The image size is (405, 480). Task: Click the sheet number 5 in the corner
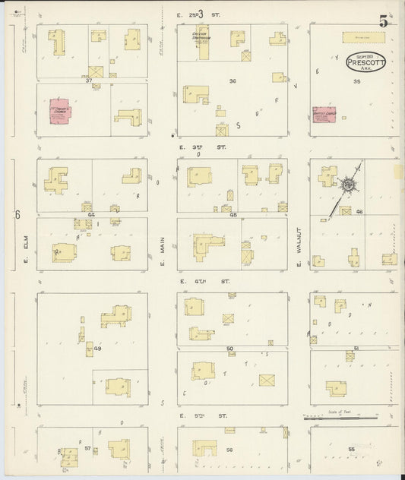coord(384,21)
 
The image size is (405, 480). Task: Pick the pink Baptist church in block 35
coord(324,115)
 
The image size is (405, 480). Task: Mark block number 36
coord(233,81)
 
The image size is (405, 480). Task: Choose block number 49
coord(98,349)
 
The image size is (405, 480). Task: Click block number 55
coord(350,450)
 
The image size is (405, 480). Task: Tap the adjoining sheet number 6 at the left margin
coord(17,215)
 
